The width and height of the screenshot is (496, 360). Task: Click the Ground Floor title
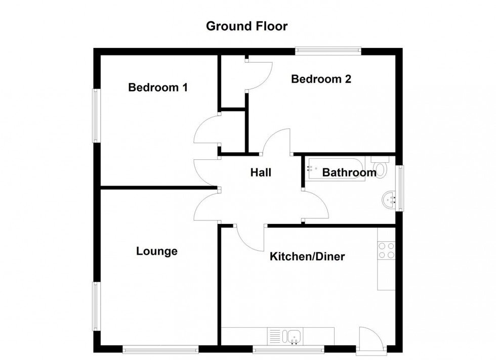tap(246, 26)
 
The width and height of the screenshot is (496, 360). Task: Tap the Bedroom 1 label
tap(158, 87)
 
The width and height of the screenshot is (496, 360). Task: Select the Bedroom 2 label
tap(321, 79)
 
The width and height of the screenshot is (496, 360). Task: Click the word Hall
tap(261, 172)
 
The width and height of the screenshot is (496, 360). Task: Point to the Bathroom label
tap(349, 172)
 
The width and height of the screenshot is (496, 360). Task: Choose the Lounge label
tap(157, 251)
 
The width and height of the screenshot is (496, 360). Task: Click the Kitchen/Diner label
tap(307, 256)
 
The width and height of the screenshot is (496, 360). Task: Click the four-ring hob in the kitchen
tap(387, 251)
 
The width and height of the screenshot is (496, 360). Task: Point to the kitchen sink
tap(294, 336)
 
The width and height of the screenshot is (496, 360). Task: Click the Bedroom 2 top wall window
tap(328, 51)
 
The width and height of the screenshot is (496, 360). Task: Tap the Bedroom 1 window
tap(95, 116)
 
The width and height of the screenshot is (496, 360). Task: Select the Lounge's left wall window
tap(95, 306)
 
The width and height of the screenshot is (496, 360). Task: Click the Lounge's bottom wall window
tap(160, 349)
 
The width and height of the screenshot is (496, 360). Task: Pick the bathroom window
tap(400, 188)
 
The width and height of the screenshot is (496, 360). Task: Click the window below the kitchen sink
tap(288, 349)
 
